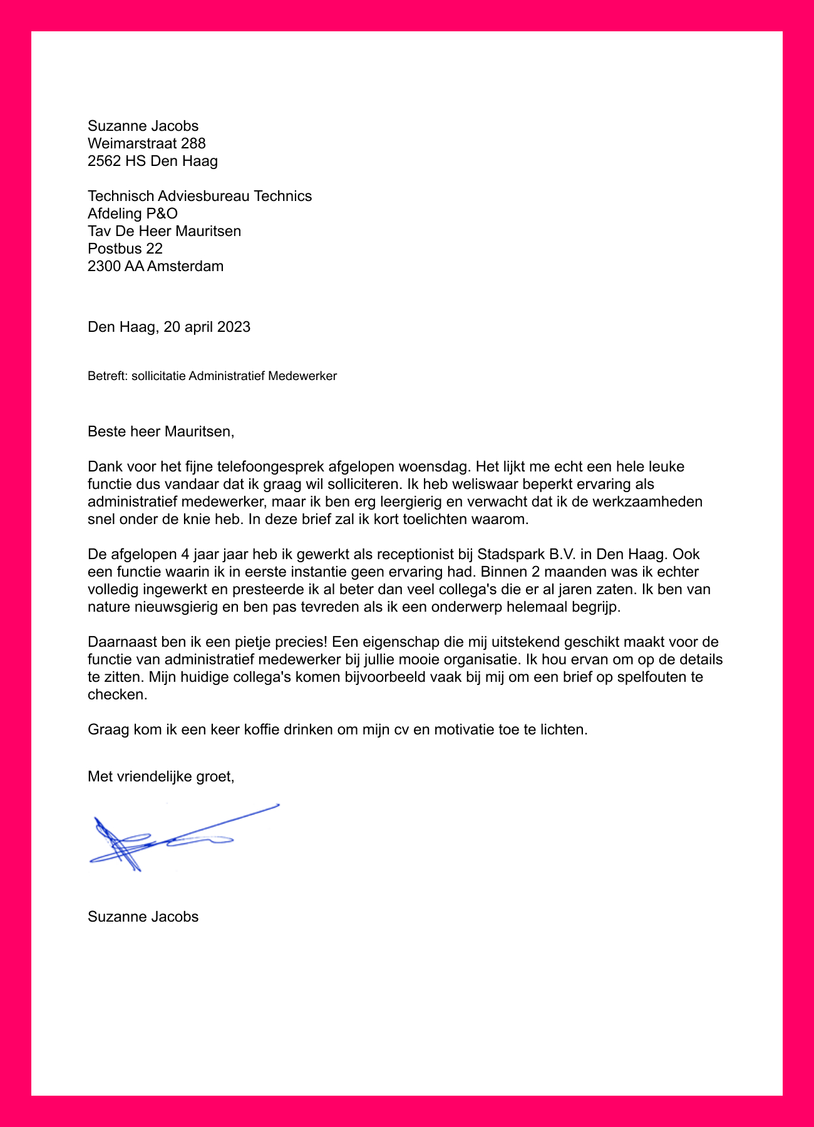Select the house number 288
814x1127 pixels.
click(x=193, y=143)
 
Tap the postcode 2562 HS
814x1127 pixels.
click(x=116, y=161)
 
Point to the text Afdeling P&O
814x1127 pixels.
click(x=133, y=214)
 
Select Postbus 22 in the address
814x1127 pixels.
click(x=125, y=249)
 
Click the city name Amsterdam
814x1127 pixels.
click(x=185, y=266)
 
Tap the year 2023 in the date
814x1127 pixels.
click(x=234, y=327)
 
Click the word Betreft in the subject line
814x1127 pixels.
click(x=106, y=376)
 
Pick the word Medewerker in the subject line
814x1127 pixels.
click(x=302, y=376)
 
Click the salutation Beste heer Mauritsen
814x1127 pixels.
click(x=160, y=431)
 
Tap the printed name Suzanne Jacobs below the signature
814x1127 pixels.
click(x=143, y=917)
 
